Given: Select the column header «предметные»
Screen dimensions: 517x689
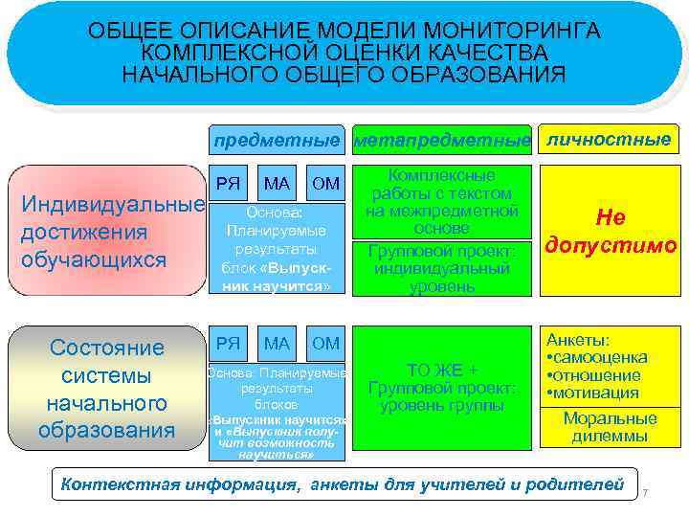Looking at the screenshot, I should tap(277, 140).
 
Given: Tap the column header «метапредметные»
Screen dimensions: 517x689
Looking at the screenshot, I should tap(442, 141).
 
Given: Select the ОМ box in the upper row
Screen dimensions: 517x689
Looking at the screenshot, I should tap(326, 182).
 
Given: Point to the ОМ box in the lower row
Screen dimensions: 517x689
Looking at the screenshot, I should tap(326, 342).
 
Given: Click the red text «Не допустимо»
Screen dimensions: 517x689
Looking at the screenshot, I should tap(609, 232).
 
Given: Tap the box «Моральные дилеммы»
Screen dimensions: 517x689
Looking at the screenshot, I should tap(610, 426).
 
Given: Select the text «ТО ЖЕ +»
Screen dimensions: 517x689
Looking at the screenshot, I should tap(441, 370).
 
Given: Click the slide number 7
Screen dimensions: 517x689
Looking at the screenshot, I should tap(646, 492).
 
